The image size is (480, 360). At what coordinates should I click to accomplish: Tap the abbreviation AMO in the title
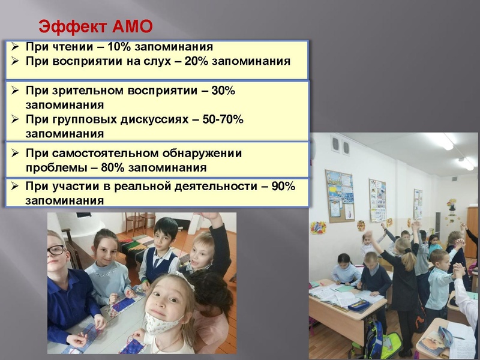pos(133,26)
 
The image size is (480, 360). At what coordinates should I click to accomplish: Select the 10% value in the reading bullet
pos(121,47)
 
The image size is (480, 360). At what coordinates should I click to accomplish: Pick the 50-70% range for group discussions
pos(223,119)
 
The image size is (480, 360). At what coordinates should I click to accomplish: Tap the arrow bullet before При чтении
pos(16,47)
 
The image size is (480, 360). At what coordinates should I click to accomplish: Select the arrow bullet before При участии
pos(16,186)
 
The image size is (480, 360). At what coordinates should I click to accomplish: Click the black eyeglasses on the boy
pos(56,250)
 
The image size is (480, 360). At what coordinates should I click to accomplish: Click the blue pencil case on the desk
pos(358,304)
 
